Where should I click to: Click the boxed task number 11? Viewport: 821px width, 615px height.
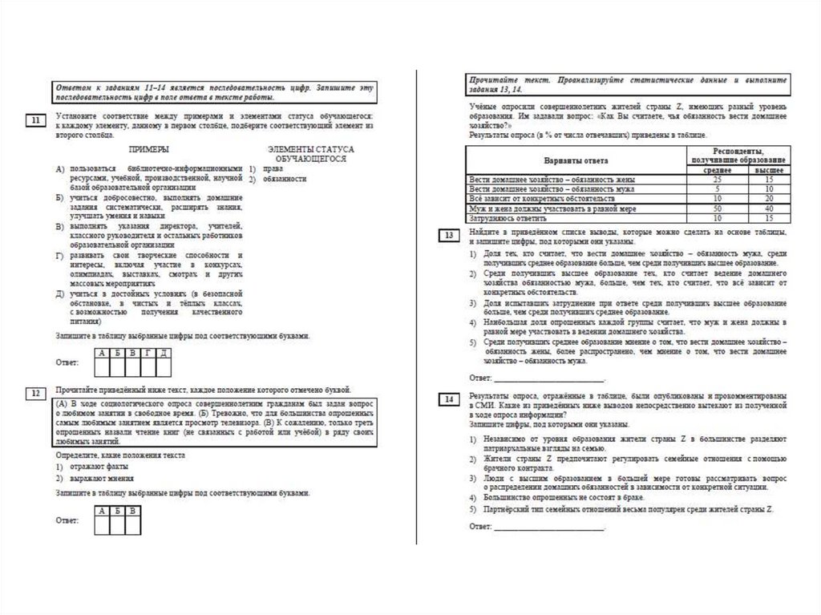pos(36,120)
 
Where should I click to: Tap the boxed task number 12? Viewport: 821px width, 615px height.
pos(36,393)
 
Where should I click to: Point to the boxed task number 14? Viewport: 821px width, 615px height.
pos(450,399)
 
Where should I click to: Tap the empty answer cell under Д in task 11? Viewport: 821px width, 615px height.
pos(163,367)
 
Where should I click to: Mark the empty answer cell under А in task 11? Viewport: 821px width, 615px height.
pos(103,367)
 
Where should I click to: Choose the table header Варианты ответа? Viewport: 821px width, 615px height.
pos(575,160)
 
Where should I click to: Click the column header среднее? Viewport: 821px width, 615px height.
pos(706,170)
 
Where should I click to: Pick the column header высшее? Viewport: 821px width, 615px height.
pos(769,170)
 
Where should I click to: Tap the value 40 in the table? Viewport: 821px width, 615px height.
pos(769,208)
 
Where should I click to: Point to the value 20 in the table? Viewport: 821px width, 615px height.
pos(769,198)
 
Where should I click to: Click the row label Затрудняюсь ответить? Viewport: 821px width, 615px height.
pos(508,217)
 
